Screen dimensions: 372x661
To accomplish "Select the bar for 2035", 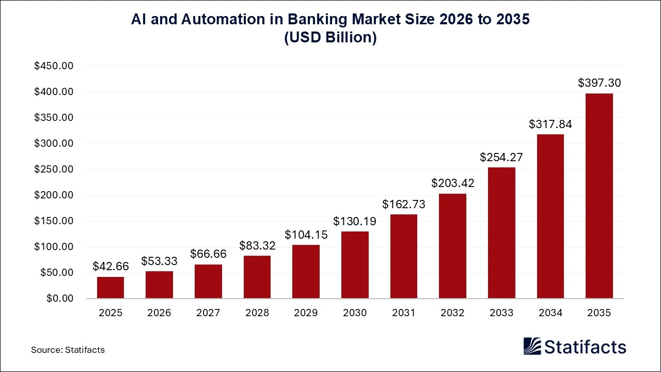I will (x=599, y=196).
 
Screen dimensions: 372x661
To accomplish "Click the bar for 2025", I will (x=111, y=288).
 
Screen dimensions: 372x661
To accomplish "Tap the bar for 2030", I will (x=355, y=265).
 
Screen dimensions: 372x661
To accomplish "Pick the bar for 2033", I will (x=501, y=233).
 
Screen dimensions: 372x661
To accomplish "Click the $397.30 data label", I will (x=599, y=83).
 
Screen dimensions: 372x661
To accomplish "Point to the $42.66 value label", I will (x=111, y=266).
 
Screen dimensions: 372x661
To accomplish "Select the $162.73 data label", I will (x=403, y=204).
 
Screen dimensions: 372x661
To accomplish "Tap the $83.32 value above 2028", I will (x=257, y=245).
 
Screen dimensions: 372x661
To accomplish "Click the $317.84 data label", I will (x=550, y=124).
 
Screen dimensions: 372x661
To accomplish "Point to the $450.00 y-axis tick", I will (x=54, y=66).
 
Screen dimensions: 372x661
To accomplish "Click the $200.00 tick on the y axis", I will (x=54, y=195).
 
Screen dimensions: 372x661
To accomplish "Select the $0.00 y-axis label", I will (x=60, y=299).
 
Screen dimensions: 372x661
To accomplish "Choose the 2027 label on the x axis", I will (x=208, y=313).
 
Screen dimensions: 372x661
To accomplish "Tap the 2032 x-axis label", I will (x=452, y=313).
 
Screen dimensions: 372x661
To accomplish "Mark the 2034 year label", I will (x=550, y=313).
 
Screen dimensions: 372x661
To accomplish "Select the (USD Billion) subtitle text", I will (x=330, y=38).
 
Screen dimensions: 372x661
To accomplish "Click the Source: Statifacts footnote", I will (x=68, y=350).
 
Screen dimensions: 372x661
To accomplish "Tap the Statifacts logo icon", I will (x=532, y=346).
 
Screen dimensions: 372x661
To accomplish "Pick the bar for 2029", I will (x=306, y=272).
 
